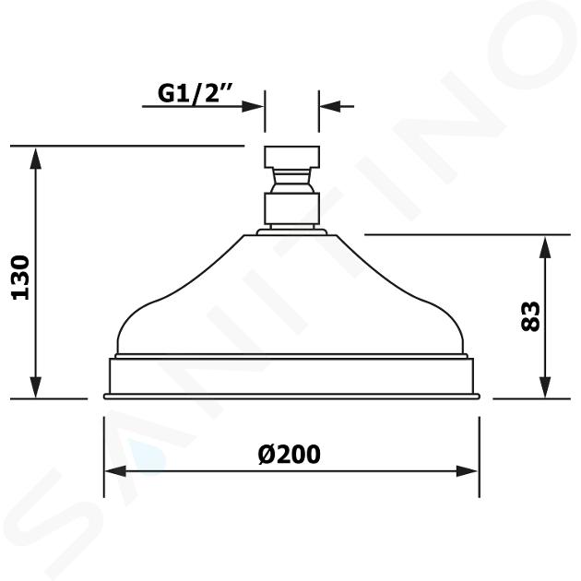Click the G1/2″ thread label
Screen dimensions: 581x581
pos(195,92)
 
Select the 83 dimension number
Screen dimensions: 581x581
pos(530,316)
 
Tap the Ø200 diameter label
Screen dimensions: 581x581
pos(289,454)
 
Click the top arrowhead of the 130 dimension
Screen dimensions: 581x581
pos(36,158)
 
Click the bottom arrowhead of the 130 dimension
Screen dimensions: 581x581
pos(36,387)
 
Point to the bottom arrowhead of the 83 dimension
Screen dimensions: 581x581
pos(545,387)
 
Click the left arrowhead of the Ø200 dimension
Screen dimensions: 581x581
pos(116,471)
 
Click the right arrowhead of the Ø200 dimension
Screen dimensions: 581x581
pos(467,471)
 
